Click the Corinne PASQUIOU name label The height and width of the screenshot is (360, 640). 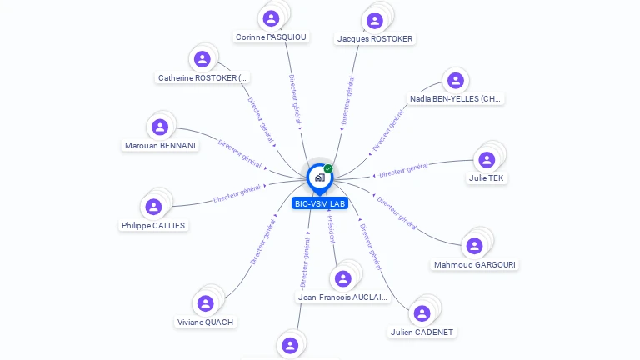click(271, 37)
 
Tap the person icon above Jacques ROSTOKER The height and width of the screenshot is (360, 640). click(375, 20)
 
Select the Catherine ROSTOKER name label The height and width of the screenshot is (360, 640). click(202, 78)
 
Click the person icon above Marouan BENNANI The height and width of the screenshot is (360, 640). click(160, 127)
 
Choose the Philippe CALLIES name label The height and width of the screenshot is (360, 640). click(153, 226)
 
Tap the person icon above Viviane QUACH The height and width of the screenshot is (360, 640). click(205, 303)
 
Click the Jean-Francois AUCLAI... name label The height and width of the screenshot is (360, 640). click(342, 297)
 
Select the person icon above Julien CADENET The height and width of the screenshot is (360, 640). click(422, 313)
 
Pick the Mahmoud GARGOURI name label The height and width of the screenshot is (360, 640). click(474, 265)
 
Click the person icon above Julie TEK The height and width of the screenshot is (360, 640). click(487, 159)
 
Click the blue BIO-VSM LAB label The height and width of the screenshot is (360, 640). click(319, 203)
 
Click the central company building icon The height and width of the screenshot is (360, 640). click(319, 177)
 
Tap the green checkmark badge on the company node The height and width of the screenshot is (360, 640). click(328, 168)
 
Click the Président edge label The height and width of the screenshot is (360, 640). click(331, 229)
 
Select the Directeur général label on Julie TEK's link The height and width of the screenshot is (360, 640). click(403, 170)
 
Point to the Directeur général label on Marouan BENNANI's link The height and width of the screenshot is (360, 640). click(240, 154)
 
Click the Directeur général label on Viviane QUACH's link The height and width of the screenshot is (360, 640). click(263, 240)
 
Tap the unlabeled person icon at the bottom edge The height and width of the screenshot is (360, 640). click(290, 345)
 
